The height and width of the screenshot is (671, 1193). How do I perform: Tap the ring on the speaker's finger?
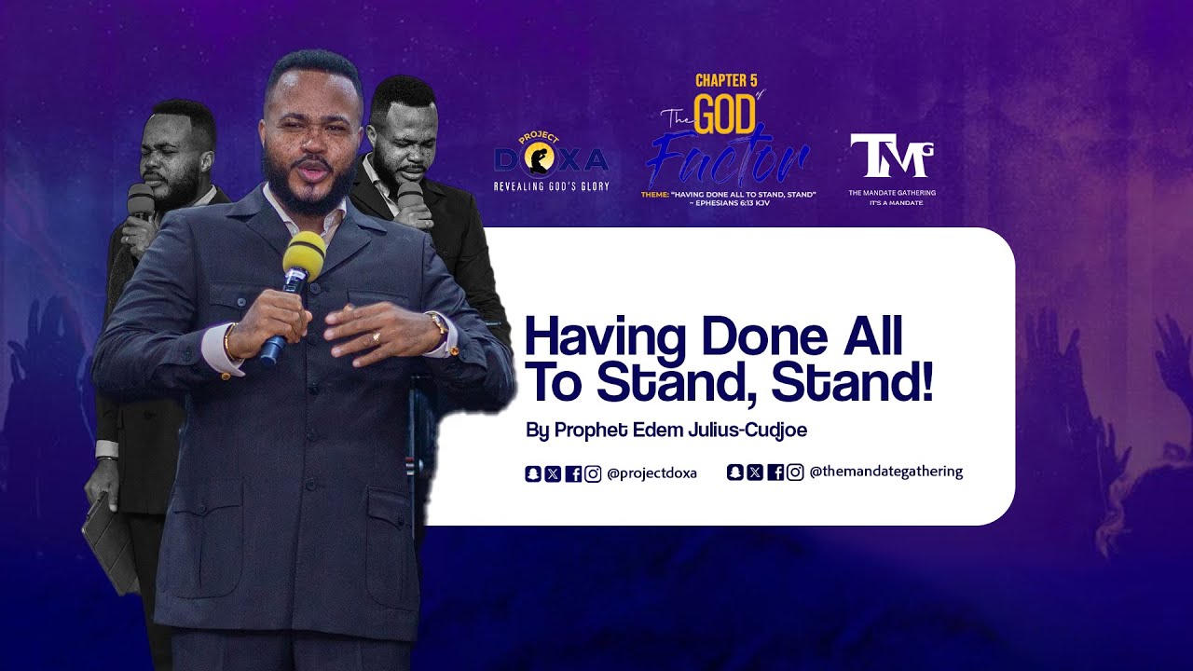tap(376, 335)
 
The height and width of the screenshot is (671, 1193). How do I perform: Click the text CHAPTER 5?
tap(726, 80)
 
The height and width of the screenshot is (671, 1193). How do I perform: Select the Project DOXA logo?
tap(551, 160)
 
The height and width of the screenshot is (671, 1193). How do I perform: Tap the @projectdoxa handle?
tap(651, 473)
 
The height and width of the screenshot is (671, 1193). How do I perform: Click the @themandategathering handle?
tap(885, 472)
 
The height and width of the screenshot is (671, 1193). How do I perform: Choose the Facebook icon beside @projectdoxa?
tap(573, 473)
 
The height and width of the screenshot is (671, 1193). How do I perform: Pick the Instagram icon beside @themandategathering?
tap(795, 472)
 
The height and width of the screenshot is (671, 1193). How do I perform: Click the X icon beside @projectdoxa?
tap(553, 473)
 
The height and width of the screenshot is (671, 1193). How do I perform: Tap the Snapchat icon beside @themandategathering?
tap(734, 472)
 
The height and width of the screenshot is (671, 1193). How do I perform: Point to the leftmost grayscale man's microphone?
tap(140, 202)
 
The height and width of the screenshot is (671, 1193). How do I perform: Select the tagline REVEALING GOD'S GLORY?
tap(551, 186)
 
